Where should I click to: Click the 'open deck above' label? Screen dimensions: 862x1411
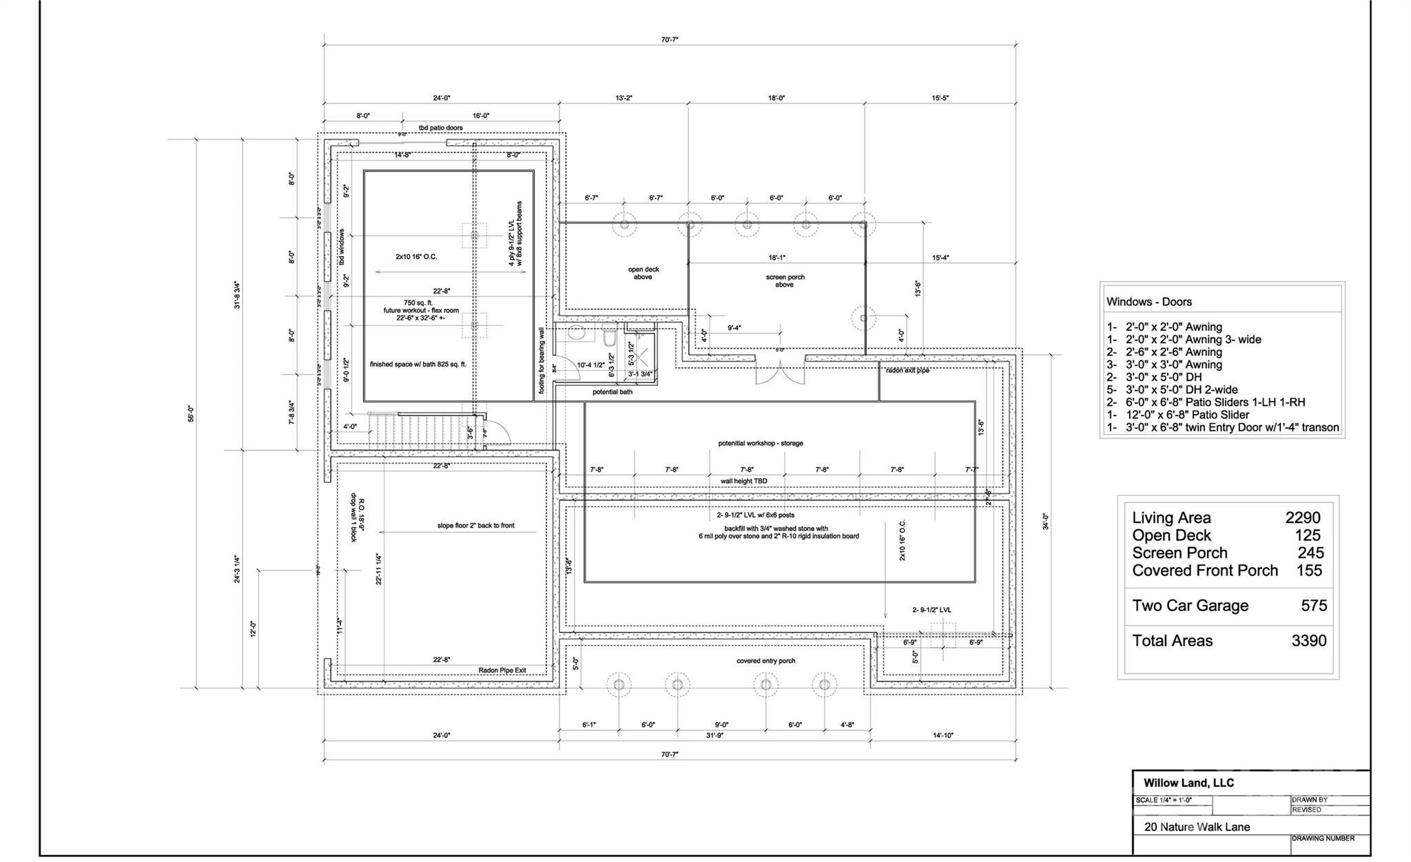643,273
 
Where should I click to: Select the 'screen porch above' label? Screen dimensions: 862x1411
785,280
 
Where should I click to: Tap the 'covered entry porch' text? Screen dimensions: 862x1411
765,661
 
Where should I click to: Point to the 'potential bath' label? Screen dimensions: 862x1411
612,392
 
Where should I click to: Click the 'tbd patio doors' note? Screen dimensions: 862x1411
440,128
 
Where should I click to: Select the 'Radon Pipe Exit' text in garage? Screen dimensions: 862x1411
502,670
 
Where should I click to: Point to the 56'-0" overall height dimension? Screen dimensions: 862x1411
191,413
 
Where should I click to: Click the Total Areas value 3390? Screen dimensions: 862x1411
1308,641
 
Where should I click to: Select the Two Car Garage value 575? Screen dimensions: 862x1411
1313,606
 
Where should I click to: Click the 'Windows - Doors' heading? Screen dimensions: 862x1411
1149,302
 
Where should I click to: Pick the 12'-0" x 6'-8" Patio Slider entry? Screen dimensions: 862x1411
1177,415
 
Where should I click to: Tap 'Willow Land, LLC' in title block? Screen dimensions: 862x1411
1188,783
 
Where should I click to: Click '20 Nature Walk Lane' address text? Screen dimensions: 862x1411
1196,827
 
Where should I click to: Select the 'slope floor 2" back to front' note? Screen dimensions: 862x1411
475,526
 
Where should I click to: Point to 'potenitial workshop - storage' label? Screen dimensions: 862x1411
760,443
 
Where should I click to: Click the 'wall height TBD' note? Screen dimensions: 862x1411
743,481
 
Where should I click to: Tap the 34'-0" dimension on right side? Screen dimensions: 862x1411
1045,521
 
